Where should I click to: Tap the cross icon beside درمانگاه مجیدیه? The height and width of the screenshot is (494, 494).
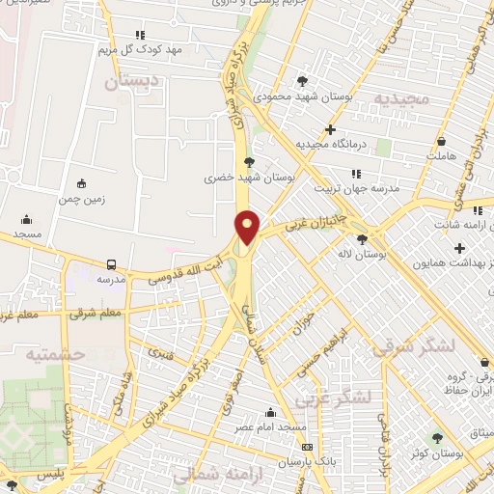click(331, 128)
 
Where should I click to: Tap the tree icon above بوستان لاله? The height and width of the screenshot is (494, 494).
click(362, 239)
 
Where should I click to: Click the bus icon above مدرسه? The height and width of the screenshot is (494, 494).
click(112, 263)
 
